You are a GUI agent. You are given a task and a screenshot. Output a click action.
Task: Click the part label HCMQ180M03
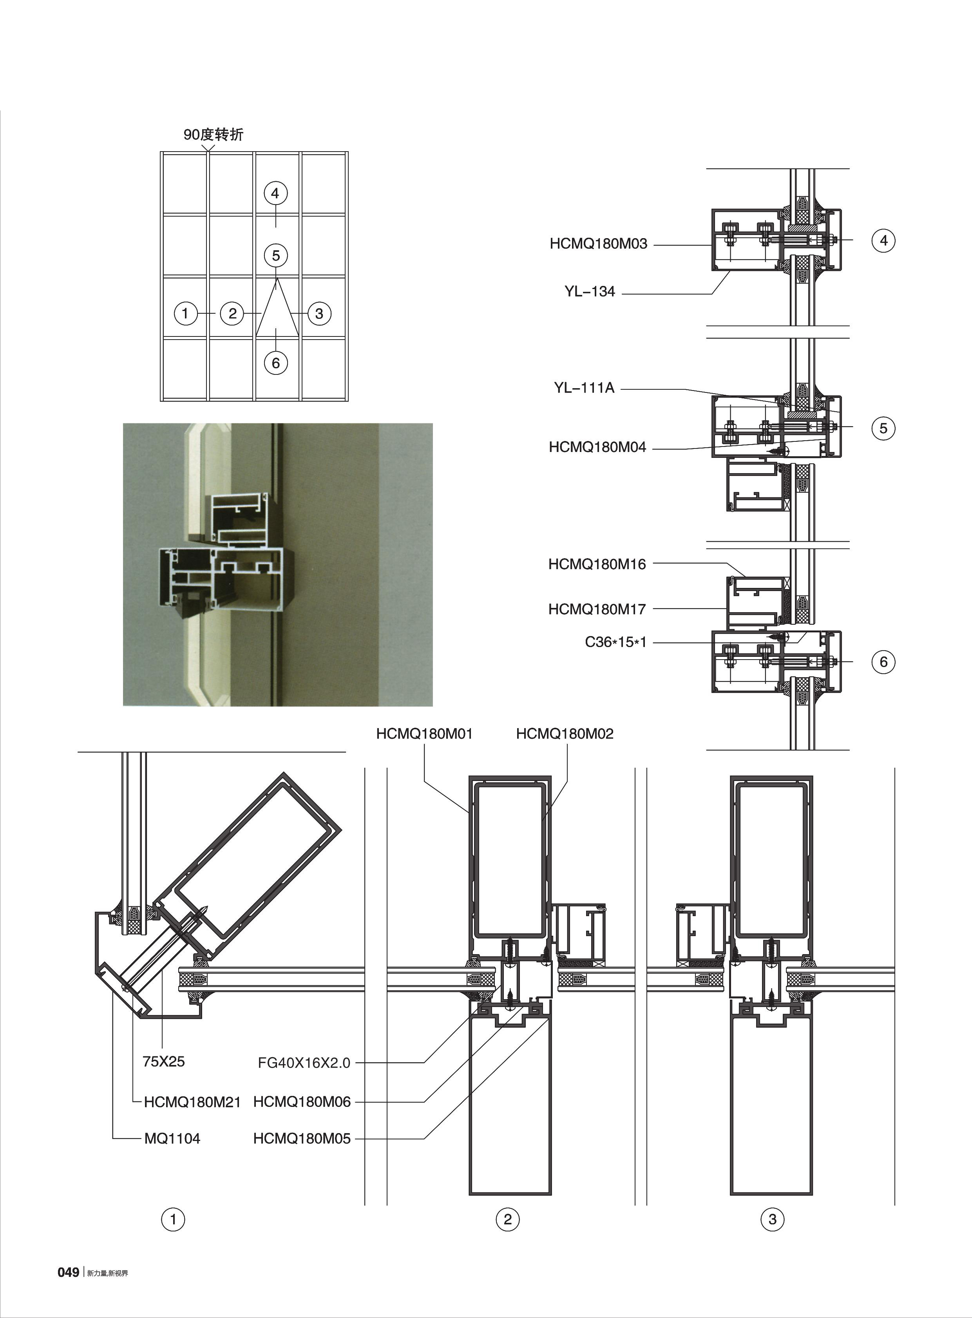coord(598,244)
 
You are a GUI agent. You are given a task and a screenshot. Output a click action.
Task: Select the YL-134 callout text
coord(590,291)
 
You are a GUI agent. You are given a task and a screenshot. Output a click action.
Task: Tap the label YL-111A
coord(584,388)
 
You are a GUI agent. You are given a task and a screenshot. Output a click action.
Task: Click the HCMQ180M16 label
coord(597,564)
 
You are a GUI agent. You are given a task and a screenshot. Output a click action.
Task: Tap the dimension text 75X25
coord(164,1061)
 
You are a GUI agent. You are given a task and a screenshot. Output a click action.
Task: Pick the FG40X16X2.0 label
coord(304,1063)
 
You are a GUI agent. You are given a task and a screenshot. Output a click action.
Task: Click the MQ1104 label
coord(172,1139)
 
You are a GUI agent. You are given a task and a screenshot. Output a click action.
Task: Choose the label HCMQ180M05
coord(301,1139)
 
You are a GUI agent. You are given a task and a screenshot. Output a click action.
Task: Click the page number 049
coord(68,1272)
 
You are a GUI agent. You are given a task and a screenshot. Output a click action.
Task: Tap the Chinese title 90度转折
coord(213,135)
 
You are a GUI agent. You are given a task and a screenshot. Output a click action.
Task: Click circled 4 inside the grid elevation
coord(275,193)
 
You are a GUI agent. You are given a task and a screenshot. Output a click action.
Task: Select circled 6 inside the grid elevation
coord(275,363)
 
